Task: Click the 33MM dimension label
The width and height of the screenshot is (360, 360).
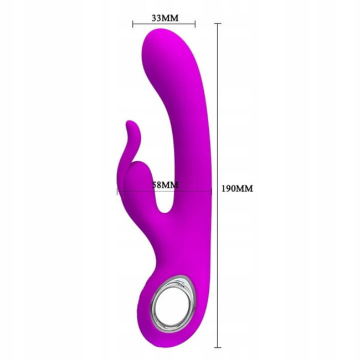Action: (x=165, y=18)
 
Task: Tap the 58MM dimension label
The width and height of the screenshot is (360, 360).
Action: (x=165, y=185)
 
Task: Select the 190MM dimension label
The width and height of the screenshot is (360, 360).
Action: (x=237, y=188)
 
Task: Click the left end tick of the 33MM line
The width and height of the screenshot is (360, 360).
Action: (x=133, y=24)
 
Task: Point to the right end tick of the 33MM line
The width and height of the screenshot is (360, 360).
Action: (x=195, y=24)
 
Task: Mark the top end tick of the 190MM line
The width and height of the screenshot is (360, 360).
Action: (x=218, y=23)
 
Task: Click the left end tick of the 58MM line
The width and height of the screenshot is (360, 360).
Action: (x=117, y=192)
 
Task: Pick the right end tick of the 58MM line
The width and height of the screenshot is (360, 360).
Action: (x=212, y=192)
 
